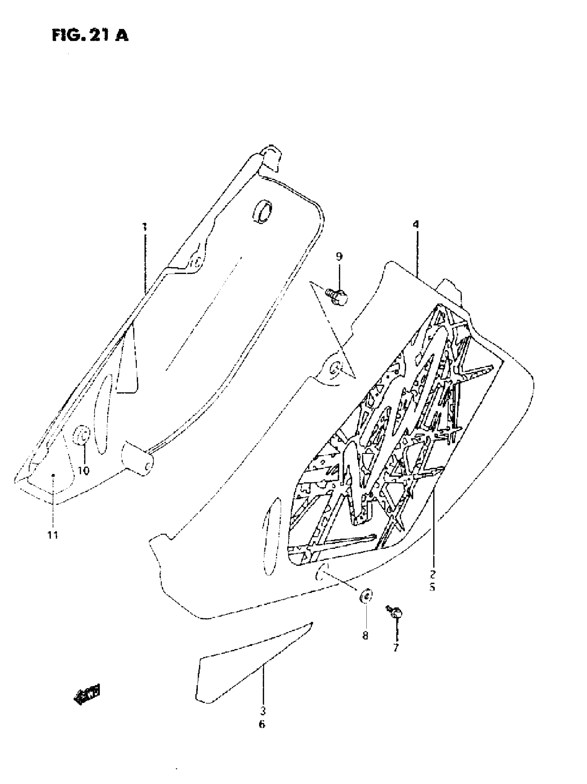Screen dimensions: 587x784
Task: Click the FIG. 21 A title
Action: [90, 36]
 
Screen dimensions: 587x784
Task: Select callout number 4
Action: [415, 224]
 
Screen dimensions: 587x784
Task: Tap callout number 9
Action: [339, 256]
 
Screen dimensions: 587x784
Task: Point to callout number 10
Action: [84, 471]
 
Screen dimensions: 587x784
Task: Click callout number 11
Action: [53, 535]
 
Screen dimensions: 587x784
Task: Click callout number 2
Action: [433, 573]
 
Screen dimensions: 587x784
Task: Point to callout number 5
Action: [432, 587]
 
